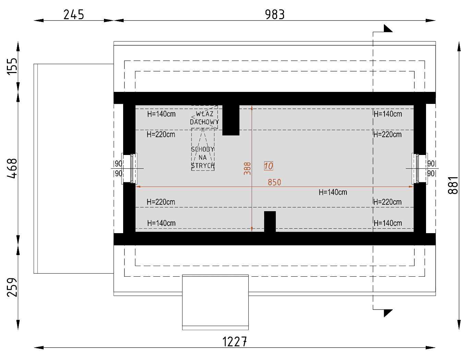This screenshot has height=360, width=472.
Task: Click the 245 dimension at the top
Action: (73, 15)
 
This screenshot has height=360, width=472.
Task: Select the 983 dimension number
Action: (275, 15)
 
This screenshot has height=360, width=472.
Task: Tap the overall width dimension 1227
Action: (234, 342)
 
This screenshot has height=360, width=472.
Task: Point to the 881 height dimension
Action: (453, 185)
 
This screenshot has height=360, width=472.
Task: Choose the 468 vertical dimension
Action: (12, 168)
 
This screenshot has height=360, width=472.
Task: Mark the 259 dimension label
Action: (12, 287)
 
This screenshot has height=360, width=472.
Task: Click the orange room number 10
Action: (268, 166)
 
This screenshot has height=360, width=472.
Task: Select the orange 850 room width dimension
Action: (274, 182)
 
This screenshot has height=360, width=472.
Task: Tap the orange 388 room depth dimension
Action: (247, 168)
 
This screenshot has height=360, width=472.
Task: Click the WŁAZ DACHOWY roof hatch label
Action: (204, 118)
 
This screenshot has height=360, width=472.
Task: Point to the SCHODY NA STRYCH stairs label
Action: (203, 157)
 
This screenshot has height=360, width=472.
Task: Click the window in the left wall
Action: (129, 168)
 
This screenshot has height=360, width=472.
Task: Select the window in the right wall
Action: (420, 168)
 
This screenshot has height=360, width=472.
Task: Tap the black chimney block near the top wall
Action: (231, 120)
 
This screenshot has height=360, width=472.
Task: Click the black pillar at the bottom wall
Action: (270, 221)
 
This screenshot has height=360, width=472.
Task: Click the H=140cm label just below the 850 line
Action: (333, 192)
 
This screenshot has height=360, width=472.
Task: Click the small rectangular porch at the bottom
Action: (215, 302)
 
